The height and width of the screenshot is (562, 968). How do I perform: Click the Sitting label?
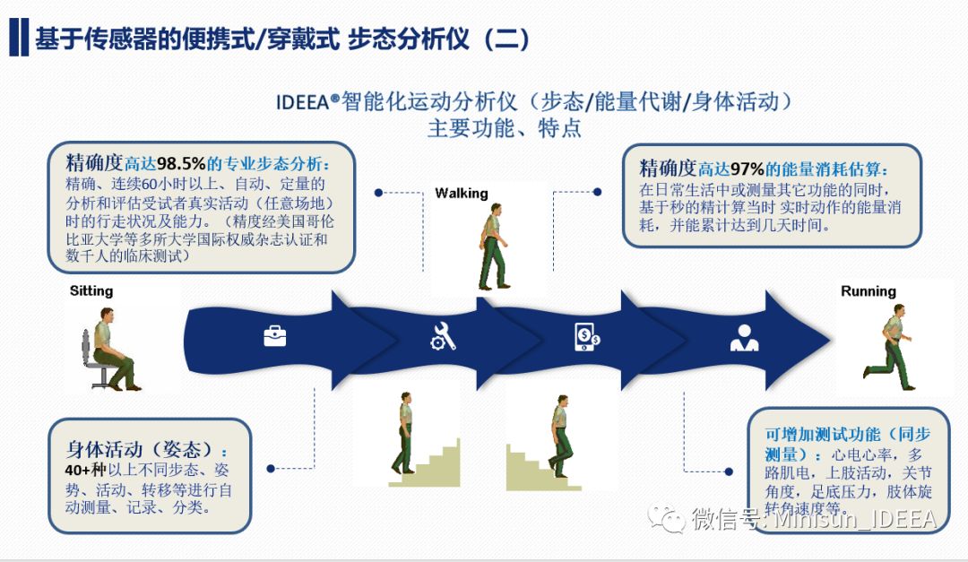tap(91, 290)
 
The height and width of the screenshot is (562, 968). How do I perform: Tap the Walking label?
tap(462, 193)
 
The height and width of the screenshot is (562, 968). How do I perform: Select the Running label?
tap(868, 291)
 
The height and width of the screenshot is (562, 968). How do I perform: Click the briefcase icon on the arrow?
tap(274, 336)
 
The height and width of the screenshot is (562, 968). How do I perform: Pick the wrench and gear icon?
tap(443, 336)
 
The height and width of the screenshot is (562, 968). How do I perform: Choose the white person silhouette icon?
tap(743, 337)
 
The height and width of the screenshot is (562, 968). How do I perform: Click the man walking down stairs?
tap(559, 436)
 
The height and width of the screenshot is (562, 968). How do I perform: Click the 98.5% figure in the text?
tap(182, 164)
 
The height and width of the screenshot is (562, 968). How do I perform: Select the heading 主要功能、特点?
tap(505, 128)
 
